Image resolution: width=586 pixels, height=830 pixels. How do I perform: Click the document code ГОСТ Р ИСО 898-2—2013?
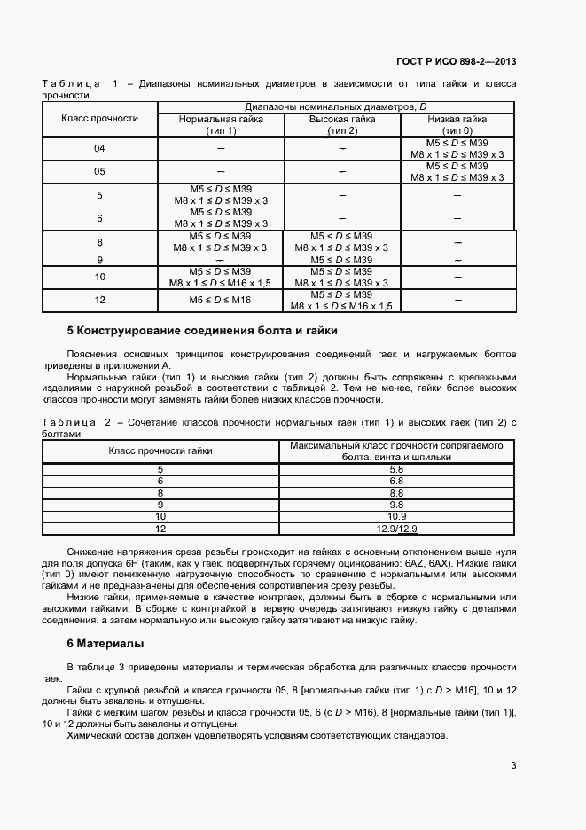pos(456,62)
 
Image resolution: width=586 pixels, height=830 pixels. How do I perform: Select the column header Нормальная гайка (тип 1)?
pos(221,124)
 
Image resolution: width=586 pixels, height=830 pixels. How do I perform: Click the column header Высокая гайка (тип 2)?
pos(341,124)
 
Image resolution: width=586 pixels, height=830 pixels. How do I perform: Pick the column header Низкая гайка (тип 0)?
pos(457,124)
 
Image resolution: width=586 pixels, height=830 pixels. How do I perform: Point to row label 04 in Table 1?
pos(99,148)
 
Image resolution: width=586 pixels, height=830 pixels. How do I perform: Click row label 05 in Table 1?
pos(99,171)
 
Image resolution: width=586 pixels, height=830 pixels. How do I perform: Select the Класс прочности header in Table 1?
pos(99,119)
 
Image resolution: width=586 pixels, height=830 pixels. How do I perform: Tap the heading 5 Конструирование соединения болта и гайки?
pos(202,331)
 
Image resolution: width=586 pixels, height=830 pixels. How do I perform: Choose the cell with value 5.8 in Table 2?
pos(396,469)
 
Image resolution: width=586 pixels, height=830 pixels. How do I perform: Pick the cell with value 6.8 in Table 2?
pos(396,481)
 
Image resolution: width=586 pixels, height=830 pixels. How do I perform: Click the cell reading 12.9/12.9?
pos(396,529)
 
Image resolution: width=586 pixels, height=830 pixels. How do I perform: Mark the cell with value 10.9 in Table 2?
pos(396,516)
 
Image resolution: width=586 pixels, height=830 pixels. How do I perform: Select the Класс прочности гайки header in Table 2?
pos(160,450)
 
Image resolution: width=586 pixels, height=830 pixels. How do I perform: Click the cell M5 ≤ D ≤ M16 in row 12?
pos(221,301)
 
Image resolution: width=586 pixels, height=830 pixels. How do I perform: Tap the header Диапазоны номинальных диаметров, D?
pos(336,107)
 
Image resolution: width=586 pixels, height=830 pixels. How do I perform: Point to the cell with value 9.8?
pos(396,505)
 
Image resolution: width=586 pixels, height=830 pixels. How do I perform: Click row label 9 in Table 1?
pos(99,260)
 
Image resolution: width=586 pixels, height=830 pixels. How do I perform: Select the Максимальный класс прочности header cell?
pos(396,450)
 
